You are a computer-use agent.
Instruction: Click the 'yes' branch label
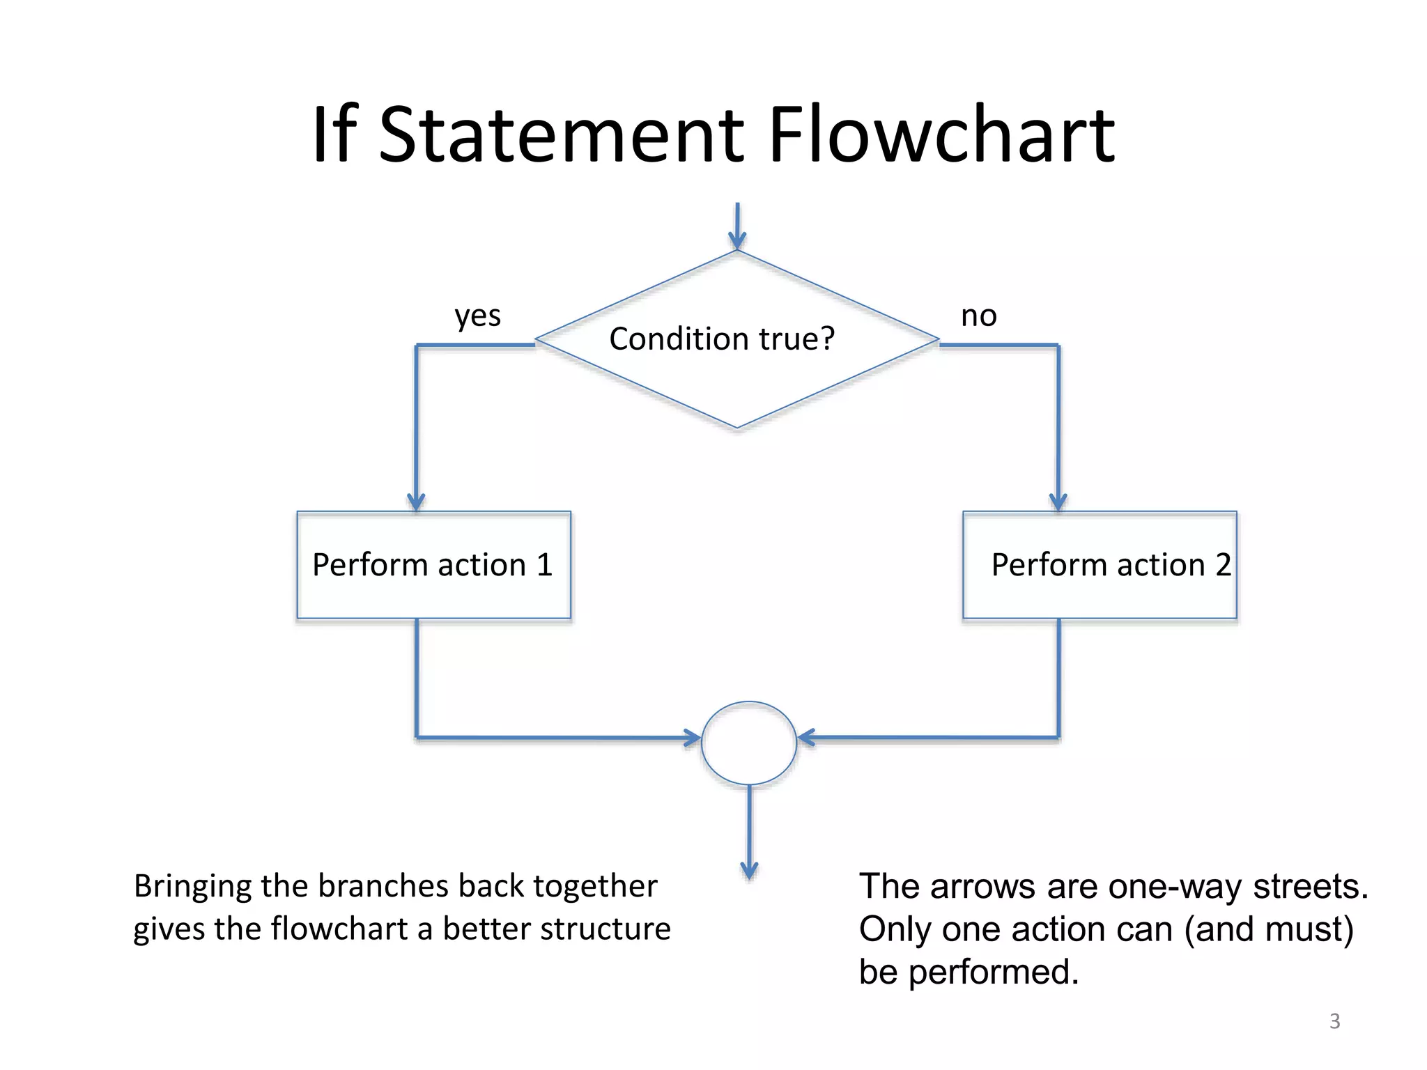click(477, 316)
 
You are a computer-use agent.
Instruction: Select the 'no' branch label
click(978, 316)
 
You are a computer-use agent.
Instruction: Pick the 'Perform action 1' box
click(433, 565)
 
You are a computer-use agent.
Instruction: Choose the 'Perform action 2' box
click(1099, 565)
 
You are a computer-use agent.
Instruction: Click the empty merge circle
click(748, 743)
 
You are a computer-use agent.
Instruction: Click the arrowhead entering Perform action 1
click(416, 502)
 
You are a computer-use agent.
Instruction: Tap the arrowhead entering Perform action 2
click(1058, 502)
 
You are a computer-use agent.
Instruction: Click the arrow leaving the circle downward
click(749, 836)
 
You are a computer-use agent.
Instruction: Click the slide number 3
click(1334, 1021)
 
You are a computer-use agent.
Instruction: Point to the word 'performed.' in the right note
click(994, 972)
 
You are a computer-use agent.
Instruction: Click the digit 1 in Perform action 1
click(544, 565)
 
